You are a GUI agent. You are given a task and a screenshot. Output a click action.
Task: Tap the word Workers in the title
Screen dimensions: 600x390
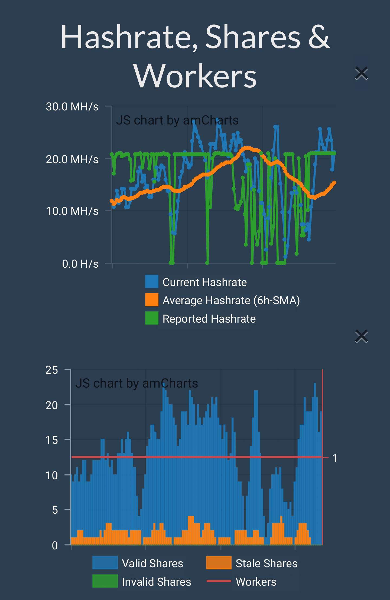tap(195, 76)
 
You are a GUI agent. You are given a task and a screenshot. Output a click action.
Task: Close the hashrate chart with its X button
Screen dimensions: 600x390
tap(361, 73)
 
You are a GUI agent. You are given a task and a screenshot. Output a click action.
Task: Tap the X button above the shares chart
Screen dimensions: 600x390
tap(361, 336)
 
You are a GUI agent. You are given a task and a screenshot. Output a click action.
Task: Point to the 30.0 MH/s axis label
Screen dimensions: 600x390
tap(72, 107)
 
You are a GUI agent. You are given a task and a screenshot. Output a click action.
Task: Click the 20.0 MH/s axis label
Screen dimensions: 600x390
tap(72, 159)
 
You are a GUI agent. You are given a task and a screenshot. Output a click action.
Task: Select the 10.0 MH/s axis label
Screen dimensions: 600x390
tap(72, 211)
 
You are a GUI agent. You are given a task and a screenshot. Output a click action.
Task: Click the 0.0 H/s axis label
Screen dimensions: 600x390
tap(80, 264)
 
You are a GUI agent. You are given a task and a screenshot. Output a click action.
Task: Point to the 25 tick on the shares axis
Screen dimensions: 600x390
tap(52, 370)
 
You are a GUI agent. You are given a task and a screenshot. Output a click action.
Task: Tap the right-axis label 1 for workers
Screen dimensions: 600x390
tap(335, 458)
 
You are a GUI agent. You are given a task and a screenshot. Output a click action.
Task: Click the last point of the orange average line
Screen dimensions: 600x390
tap(334, 183)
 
